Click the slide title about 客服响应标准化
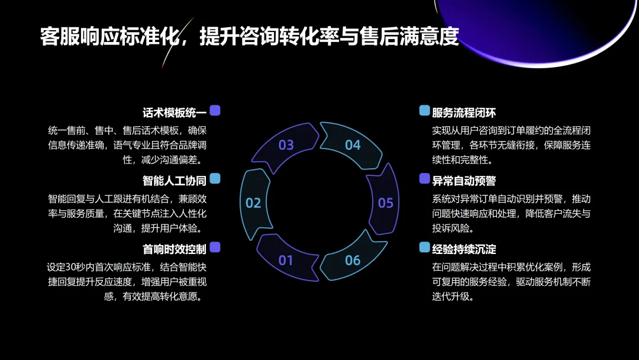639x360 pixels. pyautogui.click(x=249, y=37)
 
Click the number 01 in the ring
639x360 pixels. pyautogui.click(x=286, y=260)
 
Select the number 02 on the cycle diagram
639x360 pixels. pyautogui.click(x=253, y=203)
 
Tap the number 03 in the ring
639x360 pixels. pyautogui.click(x=286, y=145)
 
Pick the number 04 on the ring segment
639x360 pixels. pyautogui.click(x=353, y=145)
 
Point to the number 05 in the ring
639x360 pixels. pyautogui.click(x=385, y=203)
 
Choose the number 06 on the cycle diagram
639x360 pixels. pyautogui.click(x=353, y=260)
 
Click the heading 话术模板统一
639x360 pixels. pyautogui.click(x=174, y=112)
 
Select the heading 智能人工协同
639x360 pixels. pyautogui.click(x=174, y=181)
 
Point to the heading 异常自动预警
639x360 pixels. pyautogui.click(x=464, y=181)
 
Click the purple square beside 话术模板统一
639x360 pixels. pyautogui.click(x=215, y=110)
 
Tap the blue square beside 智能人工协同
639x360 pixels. pyautogui.click(x=215, y=178)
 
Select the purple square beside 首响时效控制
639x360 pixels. pyautogui.click(x=215, y=247)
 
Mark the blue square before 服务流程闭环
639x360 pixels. pyautogui.click(x=424, y=110)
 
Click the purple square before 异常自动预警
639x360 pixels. pyautogui.click(x=424, y=178)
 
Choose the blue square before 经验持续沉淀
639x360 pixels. pyautogui.click(x=424, y=247)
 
